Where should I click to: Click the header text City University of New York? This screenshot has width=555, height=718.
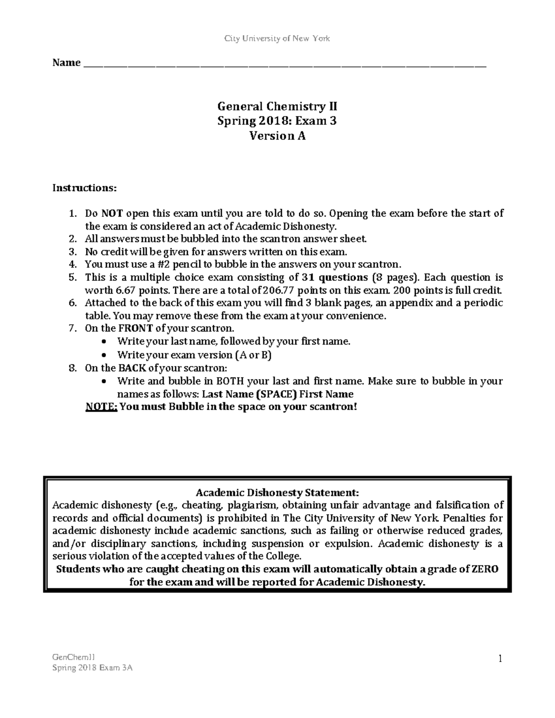277,38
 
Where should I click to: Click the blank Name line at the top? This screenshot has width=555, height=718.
284,63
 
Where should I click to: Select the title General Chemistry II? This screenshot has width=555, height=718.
277,107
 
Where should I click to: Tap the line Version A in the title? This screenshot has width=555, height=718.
277,136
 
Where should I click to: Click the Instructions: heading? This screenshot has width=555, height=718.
85,188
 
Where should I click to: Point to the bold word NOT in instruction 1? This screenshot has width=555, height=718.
112,214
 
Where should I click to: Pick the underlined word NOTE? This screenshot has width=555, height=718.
102,407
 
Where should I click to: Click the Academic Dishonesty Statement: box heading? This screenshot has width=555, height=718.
277,492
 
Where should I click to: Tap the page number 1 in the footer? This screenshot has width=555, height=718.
500,658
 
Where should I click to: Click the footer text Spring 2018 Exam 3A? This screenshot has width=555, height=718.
92,668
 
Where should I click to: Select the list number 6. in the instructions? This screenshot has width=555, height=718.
72,303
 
